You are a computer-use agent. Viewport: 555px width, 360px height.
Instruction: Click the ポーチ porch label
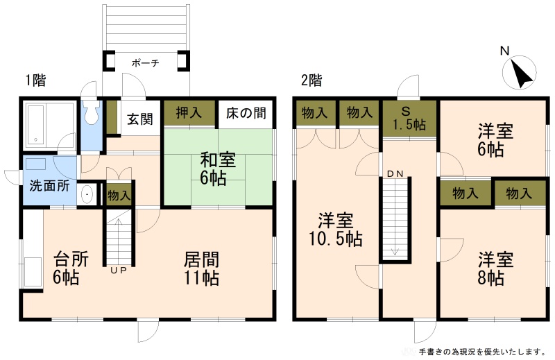tap(146, 63)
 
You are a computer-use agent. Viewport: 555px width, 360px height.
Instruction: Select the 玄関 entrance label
tap(140, 119)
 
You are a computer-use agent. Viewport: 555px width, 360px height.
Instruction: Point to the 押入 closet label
tap(189, 113)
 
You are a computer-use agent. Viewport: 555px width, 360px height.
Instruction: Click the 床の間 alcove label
tap(246, 113)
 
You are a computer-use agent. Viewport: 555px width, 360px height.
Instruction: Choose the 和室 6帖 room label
tap(217, 169)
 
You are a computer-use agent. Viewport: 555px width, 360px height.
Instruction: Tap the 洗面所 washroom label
tap(49, 185)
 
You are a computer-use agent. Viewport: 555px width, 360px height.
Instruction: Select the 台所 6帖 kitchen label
tap(71, 268)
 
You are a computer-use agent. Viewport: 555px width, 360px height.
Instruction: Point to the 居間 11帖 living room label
tap(201, 268)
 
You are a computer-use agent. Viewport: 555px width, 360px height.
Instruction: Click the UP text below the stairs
tap(118, 271)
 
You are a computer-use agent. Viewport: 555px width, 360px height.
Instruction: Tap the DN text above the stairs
tap(395, 174)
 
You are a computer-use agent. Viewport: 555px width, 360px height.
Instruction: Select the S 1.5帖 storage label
tap(409, 118)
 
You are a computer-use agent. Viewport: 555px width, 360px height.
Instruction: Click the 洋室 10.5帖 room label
tap(336, 230)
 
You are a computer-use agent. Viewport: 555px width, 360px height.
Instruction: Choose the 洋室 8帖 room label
tap(495, 268)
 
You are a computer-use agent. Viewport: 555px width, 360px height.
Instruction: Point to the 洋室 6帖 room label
tap(495, 140)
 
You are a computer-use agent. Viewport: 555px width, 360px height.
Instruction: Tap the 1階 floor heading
tap(36, 80)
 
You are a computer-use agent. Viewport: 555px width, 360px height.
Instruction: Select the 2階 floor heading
tap(311, 80)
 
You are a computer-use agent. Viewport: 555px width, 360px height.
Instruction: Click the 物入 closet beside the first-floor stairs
tap(119, 195)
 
